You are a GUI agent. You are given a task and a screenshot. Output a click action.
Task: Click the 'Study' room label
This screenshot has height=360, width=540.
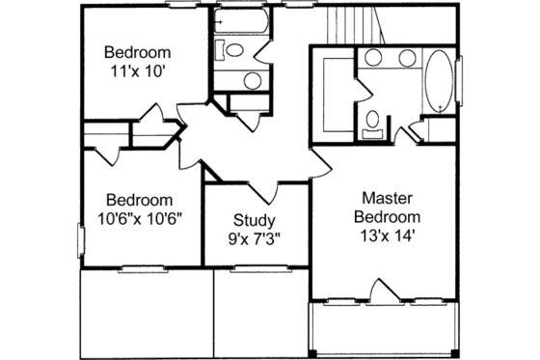[255, 220]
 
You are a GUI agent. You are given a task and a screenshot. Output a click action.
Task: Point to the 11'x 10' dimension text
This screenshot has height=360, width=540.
[137, 70]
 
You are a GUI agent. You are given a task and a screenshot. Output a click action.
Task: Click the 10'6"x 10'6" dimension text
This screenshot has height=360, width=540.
[140, 218]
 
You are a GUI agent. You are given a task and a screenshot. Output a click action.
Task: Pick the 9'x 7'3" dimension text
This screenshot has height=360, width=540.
[255, 238]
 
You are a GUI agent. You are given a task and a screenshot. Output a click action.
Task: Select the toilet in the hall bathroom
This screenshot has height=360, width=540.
[232, 49]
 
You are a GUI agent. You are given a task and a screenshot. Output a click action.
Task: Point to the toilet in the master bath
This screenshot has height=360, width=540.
[371, 122]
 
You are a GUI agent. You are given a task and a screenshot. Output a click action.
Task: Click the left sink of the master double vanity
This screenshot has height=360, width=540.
[373, 57]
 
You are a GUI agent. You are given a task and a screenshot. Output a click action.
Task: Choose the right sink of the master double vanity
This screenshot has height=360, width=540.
[406, 57]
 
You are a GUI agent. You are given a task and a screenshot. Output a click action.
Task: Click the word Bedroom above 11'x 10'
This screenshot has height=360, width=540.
[137, 52]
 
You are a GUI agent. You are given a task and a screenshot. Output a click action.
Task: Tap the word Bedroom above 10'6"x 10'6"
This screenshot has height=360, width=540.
[140, 200]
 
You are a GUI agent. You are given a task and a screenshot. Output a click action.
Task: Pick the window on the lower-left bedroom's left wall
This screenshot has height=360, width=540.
[80, 238]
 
